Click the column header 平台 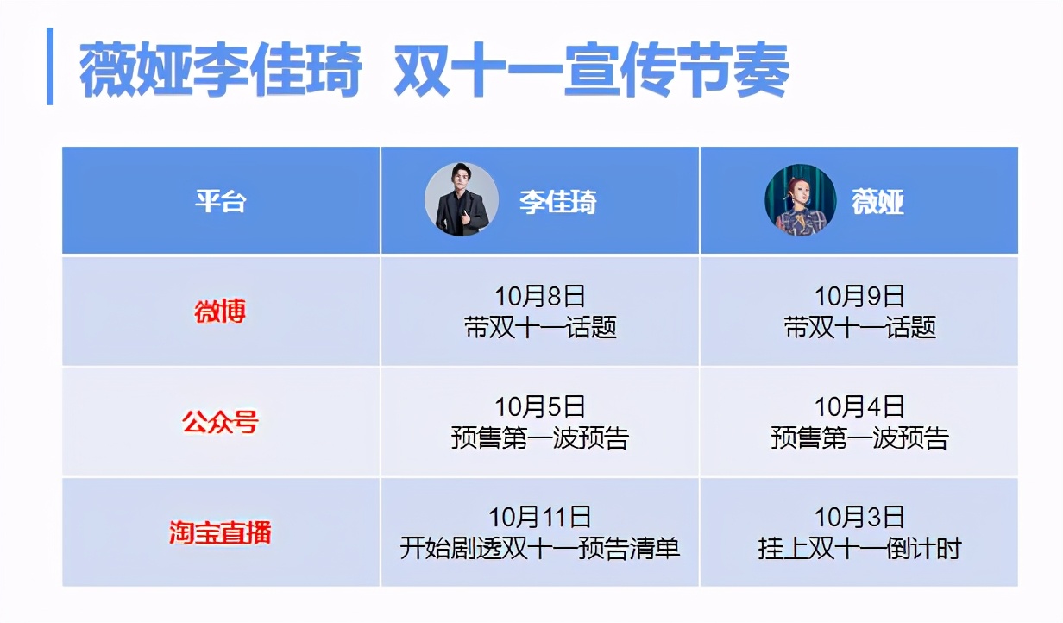[x=220, y=202]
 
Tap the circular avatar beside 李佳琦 [x=462, y=200]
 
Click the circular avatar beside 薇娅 [x=800, y=200]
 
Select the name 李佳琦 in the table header [x=557, y=202]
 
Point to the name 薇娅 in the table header [x=877, y=202]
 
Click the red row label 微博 [x=220, y=311]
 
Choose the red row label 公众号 [x=220, y=423]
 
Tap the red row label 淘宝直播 [x=220, y=532]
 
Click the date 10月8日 [x=540, y=296]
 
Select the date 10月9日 [x=859, y=296]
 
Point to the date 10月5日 [x=540, y=406]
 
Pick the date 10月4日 [x=859, y=406]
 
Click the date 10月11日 [x=540, y=517]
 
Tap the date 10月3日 [x=859, y=517]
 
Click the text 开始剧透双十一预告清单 [x=540, y=548]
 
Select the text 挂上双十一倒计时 [x=859, y=548]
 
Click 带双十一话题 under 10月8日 [x=540, y=328]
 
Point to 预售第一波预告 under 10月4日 [x=859, y=438]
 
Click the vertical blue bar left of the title [x=50, y=66]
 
